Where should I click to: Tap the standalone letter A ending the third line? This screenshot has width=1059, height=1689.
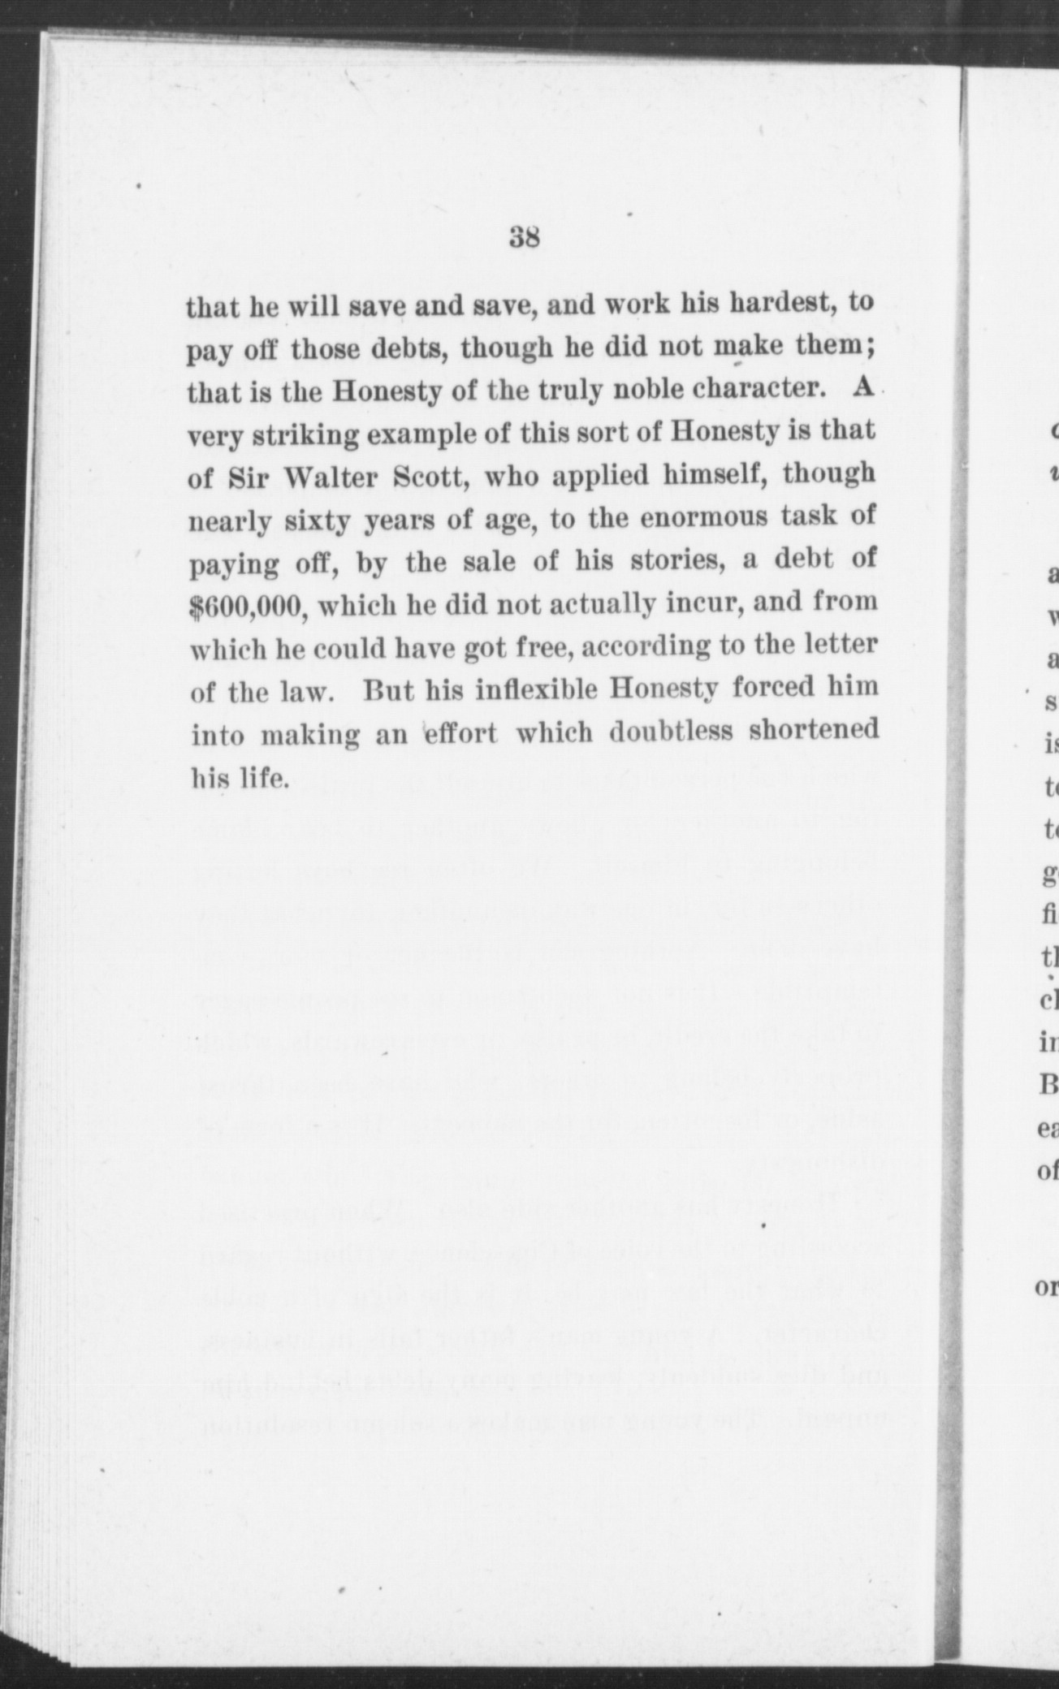click(863, 387)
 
